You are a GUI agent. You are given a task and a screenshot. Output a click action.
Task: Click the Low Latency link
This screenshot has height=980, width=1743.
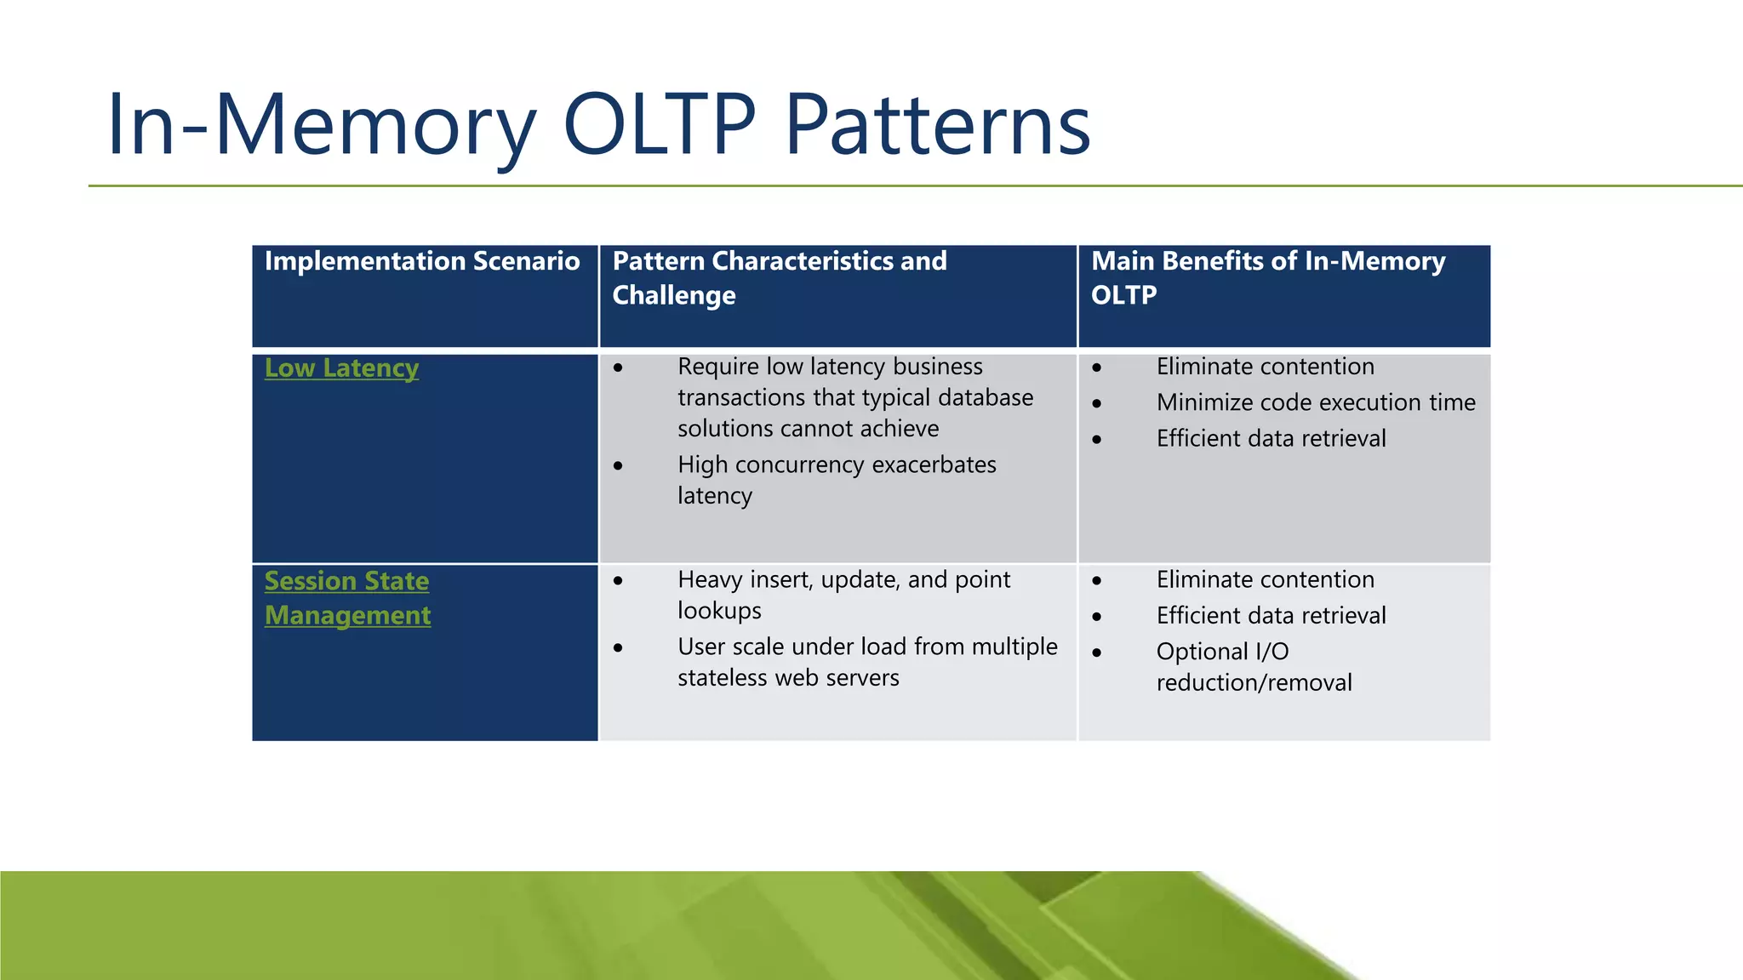pos(341,368)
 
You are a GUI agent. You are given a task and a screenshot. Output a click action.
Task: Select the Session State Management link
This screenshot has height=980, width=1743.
pos(346,598)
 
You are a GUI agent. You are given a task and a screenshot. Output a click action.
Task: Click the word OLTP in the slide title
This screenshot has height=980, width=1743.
pos(660,125)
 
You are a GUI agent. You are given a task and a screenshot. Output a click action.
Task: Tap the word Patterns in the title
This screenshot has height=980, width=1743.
pos(937,125)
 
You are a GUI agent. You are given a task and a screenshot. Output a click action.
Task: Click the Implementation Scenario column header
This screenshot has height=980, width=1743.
pos(422,261)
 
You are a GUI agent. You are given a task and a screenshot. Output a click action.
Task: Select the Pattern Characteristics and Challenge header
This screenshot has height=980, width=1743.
pos(779,278)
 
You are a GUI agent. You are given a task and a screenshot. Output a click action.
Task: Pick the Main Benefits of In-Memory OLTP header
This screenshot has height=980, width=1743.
pos(1267,278)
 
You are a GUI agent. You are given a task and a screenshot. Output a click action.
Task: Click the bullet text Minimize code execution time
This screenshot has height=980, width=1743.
pos(1315,402)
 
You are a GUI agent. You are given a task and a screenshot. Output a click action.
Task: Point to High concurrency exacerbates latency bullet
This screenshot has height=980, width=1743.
pos(836,480)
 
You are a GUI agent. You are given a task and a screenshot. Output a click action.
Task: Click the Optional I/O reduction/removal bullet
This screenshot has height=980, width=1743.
pos(1253,667)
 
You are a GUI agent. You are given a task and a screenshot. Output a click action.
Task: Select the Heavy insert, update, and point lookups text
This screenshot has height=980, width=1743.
pos(843,595)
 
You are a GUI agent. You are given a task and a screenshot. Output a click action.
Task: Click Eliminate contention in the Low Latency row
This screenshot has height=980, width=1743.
pos(1265,367)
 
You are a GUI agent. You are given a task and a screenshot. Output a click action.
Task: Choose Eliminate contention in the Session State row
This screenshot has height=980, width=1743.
pos(1265,579)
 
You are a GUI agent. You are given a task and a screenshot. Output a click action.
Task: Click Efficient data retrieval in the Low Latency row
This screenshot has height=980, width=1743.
pos(1271,438)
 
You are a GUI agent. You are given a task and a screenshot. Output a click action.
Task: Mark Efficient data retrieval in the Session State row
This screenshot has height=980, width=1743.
pos(1271,615)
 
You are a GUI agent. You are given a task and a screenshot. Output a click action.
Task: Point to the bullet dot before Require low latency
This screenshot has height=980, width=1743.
pos(619,368)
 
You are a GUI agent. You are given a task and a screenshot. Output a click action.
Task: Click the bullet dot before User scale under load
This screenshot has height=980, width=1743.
pos(619,648)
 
